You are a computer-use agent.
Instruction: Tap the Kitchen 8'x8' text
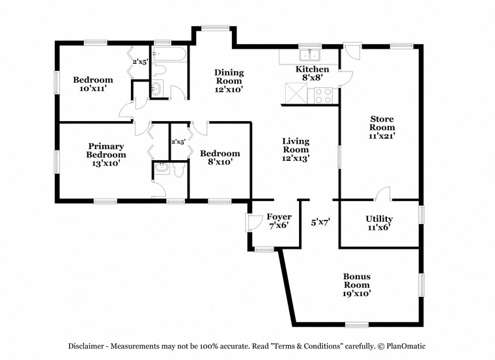point(313,73)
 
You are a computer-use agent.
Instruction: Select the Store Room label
point(382,127)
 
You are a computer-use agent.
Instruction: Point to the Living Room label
point(295,149)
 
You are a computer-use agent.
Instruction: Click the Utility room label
point(378,223)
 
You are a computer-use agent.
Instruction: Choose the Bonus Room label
point(357,284)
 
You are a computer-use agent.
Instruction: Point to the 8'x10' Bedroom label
point(219,158)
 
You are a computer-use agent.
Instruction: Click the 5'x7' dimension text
point(320,223)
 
